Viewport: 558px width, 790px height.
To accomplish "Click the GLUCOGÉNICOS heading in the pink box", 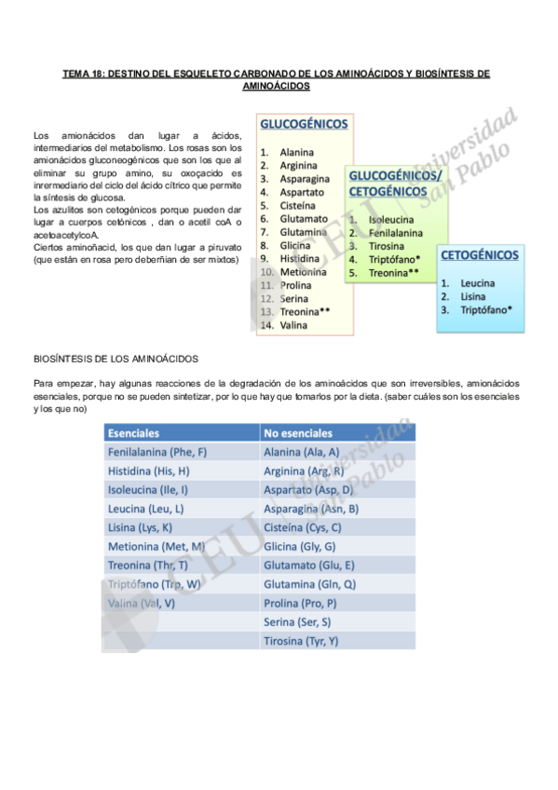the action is click(305, 124).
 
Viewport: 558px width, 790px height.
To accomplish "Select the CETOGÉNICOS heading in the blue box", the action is click(480, 254).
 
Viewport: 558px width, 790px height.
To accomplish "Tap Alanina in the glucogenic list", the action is click(297, 152).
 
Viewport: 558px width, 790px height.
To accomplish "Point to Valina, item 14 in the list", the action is click(293, 325).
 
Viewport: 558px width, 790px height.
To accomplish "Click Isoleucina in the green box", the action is click(391, 220).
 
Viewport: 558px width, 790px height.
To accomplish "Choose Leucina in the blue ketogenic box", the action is click(477, 283).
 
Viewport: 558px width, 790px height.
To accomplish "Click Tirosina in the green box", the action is click(386, 246).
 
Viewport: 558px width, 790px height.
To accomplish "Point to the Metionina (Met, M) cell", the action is click(156, 546).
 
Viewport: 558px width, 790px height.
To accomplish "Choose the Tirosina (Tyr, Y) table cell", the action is click(301, 641).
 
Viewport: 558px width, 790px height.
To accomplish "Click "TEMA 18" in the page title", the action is click(84, 73).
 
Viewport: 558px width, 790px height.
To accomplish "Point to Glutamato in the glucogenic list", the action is click(304, 219).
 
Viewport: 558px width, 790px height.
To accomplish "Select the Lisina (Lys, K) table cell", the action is click(140, 527).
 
